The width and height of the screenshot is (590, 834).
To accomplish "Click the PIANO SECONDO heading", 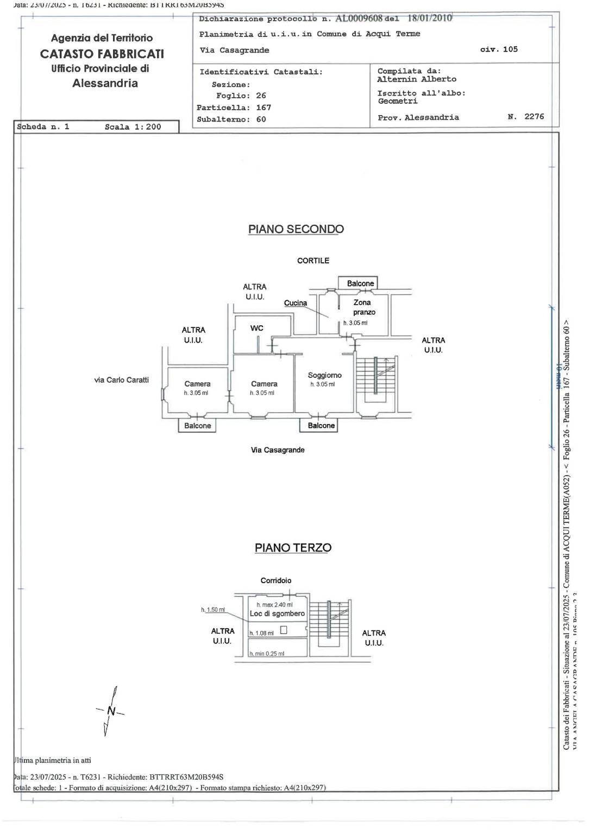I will point(296,229).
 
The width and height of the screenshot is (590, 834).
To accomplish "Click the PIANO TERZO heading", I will point(293,548).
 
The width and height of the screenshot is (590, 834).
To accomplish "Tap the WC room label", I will point(256,328).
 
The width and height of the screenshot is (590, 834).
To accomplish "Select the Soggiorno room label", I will point(324,375).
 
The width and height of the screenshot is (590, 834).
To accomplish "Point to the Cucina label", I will point(295,303).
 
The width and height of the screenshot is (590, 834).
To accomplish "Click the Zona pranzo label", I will point(363,307).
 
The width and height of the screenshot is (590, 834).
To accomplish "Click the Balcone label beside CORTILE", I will point(360,283).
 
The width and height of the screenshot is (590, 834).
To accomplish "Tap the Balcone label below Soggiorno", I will point(321,426).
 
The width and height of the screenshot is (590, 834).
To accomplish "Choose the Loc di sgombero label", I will point(277,614).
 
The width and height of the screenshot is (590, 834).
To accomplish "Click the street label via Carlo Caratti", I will point(121,380).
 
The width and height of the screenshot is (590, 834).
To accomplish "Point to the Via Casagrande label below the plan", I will point(278,450).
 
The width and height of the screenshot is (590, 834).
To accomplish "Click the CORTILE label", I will point(313,261).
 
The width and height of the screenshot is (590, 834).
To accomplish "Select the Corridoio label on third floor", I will point(276,580).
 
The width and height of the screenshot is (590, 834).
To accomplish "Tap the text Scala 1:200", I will point(133,127).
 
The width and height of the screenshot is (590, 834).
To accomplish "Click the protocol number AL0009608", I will point(359,18).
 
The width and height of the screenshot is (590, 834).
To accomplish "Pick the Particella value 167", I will point(263,108).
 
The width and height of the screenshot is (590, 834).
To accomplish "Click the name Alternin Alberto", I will point(417,79).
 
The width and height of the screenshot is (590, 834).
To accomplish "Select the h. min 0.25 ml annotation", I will point(267,654).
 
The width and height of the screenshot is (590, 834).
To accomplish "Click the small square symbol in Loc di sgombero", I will point(283,630).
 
